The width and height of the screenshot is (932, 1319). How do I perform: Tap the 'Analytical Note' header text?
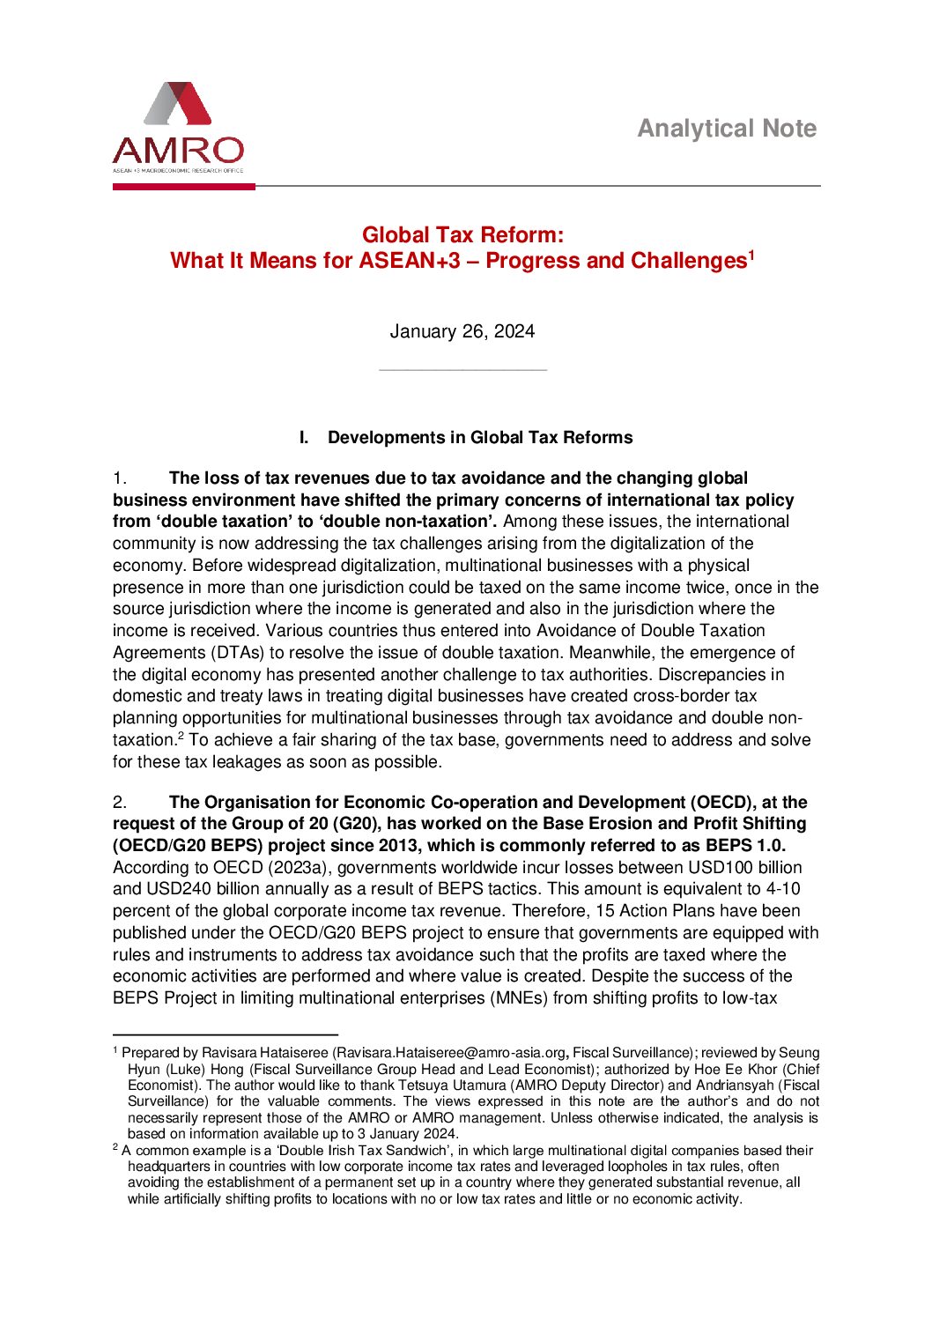[727, 129]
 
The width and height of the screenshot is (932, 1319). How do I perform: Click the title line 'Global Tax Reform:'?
[462, 235]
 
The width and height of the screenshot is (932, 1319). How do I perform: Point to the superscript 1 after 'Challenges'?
[751, 256]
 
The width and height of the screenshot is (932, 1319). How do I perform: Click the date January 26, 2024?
[462, 331]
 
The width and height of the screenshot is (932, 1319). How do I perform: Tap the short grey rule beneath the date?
[462, 370]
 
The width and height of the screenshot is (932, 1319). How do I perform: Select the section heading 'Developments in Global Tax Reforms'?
[480, 438]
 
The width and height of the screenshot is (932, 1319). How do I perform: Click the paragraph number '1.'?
[121, 478]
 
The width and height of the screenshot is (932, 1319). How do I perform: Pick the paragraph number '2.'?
[121, 803]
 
